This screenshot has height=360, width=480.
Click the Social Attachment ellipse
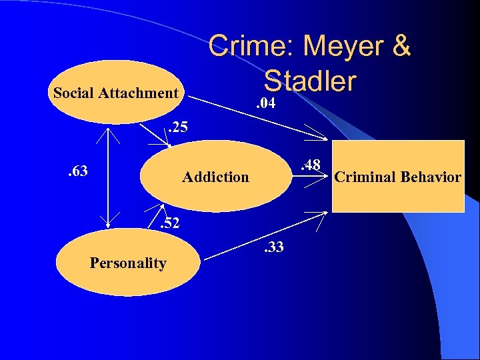115,93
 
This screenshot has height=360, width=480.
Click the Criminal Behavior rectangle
398,177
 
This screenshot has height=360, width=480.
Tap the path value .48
310,164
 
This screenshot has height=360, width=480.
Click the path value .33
273,248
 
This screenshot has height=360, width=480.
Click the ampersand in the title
401,47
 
